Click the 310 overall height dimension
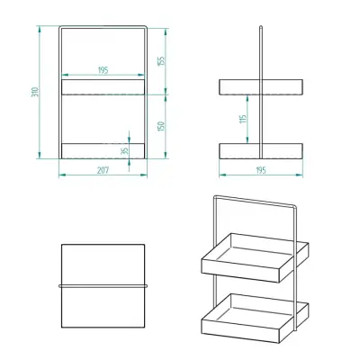pos(33,93)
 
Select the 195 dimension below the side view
pos(261,169)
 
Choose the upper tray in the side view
pos(261,86)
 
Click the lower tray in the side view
pos(261,150)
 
